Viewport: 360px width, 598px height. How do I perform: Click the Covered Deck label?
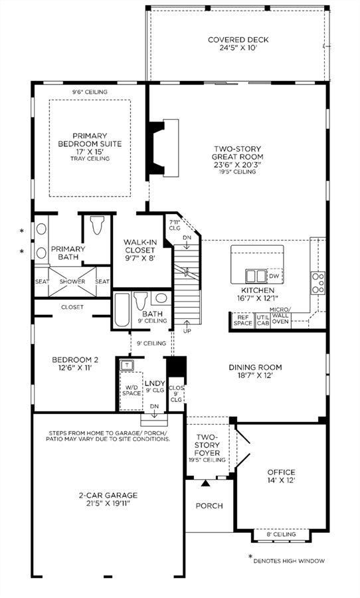click(x=238, y=43)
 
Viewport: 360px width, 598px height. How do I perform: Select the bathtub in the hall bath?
click(x=122, y=310)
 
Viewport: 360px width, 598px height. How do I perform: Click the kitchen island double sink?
click(x=256, y=275)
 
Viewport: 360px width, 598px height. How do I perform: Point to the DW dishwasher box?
click(x=274, y=276)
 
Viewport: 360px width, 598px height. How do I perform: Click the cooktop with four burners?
click(x=318, y=282)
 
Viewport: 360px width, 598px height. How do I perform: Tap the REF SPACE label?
click(x=242, y=320)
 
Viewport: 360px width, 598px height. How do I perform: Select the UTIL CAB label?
click(x=262, y=320)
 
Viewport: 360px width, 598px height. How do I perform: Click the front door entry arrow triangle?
click(x=205, y=483)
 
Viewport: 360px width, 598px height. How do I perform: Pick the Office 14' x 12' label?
click(x=281, y=476)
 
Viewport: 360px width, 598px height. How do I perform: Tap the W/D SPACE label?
click(x=132, y=390)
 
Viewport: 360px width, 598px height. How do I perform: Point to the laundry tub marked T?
click(x=126, y=365)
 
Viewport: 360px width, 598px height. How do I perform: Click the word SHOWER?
click(x=72, y=282)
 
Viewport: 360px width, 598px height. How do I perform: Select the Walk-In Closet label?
click(x=139, y=250)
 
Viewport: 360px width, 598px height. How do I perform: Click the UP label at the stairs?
click(x=187, y=331)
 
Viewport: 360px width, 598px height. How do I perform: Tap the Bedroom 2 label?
click(x=75, y=363)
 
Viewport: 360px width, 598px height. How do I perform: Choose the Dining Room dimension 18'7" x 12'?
click(x=256, y=375)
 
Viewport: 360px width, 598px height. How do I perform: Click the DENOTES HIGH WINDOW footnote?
click(x=289, y=561)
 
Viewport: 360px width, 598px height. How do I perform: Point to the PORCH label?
click(x=209, y=506)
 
